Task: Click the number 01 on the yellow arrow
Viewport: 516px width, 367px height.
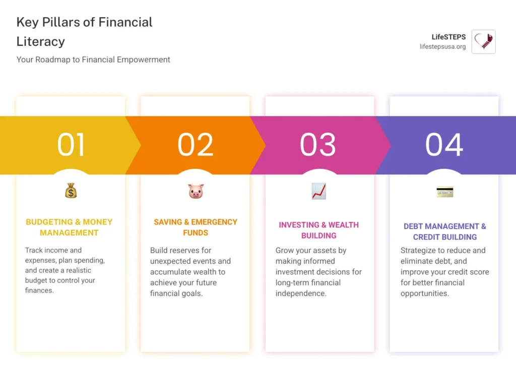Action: (x=71, y=145)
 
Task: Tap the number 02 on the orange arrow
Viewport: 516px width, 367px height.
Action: (x=196, y=145)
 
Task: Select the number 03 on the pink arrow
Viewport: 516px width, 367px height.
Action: (x=318, y=145)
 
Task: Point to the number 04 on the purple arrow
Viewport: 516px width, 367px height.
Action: (x=444, y=145)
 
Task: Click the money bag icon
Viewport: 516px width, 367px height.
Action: (x=71, y=191)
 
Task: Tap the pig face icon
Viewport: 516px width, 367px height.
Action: (x=196, y=191)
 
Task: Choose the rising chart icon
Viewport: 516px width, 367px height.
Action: (x=319, y=191)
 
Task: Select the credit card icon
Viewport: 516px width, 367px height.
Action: (x=444, y=192)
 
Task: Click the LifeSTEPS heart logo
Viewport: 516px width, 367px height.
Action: (x=483, y=42)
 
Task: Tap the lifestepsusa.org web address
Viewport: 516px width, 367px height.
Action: (x=442, y=47)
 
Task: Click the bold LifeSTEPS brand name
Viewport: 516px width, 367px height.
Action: (x=448, y=37)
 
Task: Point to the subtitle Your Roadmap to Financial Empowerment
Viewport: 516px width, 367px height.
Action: (x=93, y=59)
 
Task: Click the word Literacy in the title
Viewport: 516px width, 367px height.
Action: (x=40, y=41)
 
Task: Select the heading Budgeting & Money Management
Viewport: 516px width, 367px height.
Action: (x=69, y=227)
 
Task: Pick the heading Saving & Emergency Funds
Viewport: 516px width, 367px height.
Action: (x=196, y=227)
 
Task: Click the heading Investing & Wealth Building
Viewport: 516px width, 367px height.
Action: (x=319, y=230)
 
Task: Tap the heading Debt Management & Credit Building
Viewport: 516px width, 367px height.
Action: (x=444, y=231)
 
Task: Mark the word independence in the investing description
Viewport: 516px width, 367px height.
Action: (x=301, y=293)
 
